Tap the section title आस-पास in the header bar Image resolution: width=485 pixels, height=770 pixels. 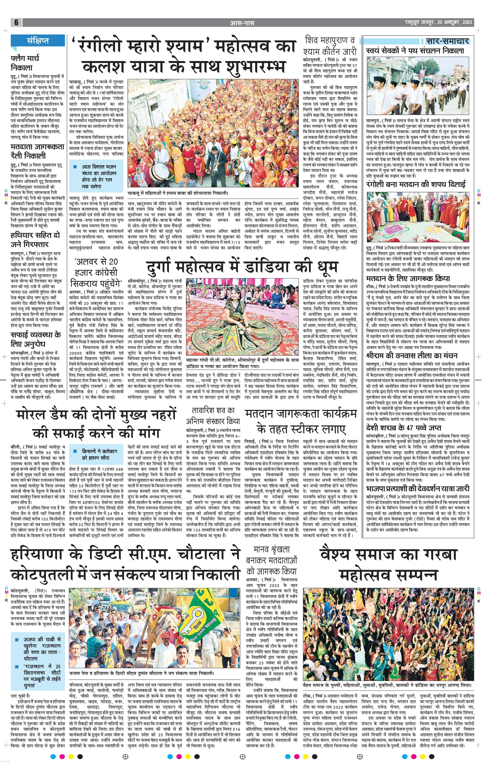pos(242,23)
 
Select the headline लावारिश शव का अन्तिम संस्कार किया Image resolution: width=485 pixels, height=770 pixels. pos(213,415)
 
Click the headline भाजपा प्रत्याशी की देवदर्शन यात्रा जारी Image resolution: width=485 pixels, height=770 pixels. pos(417,488)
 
